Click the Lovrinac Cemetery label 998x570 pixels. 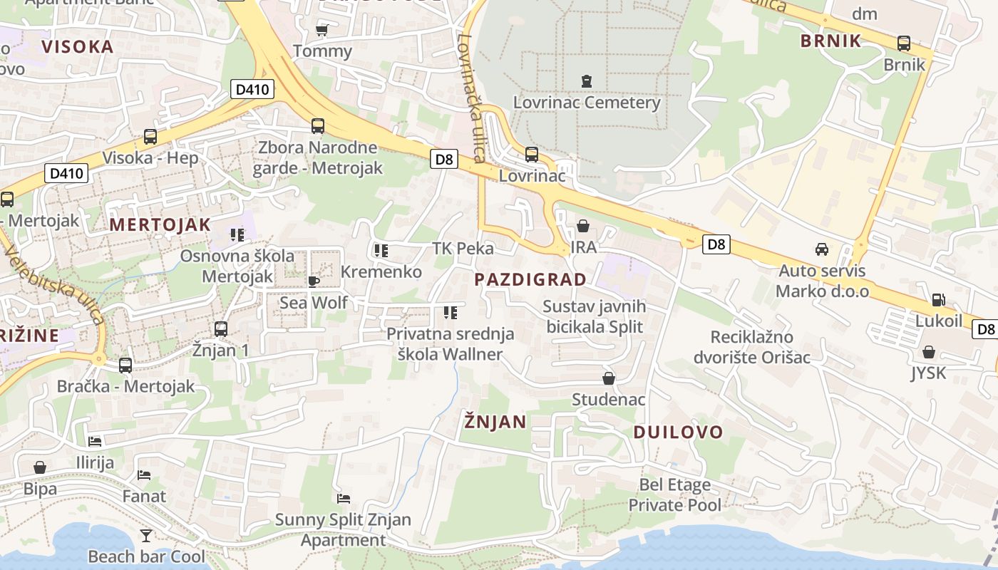tap(587, 103)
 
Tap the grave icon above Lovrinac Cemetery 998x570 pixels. tap(587, 81)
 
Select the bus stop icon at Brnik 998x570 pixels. tap(904, 43)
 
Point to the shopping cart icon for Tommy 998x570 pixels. tap(321, 30)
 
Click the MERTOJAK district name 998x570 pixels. tap(160, 225)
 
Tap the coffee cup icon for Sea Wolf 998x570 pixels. tap(313, 281)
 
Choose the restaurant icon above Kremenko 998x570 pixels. tap(381, 251)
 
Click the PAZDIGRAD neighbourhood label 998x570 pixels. tap(530, 279)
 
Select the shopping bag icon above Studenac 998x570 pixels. tap(608, 378)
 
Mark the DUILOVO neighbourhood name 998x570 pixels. tap(678, 432)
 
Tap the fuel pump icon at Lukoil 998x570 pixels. tap(939, 300)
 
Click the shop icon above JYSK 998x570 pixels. tap(928, 352)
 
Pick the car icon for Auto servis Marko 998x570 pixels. tap(822, 249)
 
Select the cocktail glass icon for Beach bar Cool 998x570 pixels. tap(146, 535)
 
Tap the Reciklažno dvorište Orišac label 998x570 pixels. tap(761, 346)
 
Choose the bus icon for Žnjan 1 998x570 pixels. tap(221, 329)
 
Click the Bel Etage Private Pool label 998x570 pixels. tap(674, 495)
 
